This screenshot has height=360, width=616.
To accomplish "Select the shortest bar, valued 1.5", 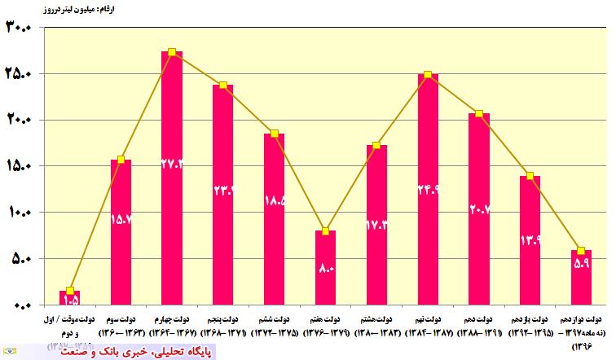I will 70,297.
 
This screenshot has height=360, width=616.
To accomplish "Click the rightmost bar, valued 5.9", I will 582,277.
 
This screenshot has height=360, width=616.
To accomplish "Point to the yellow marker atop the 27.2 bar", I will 172,52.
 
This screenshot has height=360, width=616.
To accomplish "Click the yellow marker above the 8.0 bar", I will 325,231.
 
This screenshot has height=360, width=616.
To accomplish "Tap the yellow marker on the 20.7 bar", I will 479,114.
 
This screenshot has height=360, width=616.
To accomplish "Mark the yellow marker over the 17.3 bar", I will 376,146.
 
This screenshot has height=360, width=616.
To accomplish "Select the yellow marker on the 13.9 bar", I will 530,176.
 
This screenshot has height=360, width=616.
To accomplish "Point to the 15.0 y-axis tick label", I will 18,167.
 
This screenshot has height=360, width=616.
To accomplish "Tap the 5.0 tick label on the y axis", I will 20,259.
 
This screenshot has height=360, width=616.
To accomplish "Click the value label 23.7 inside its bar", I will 222,191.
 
